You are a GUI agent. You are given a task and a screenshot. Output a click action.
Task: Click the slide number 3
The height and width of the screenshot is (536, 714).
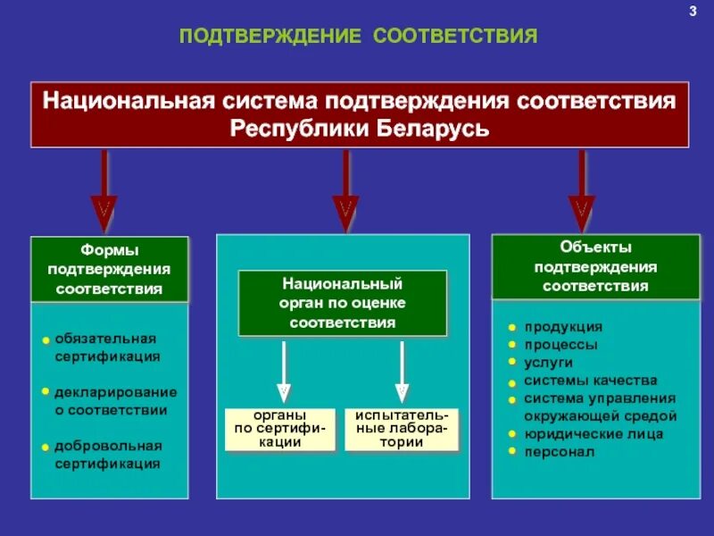(692, 11)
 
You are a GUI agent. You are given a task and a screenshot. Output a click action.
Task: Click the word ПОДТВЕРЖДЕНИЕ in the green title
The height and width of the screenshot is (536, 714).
(270, 37)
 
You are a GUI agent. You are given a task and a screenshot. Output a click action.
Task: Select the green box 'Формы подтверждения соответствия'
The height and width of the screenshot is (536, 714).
(110, 269)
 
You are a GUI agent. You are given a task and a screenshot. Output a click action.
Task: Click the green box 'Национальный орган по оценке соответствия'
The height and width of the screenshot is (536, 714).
(342, 303)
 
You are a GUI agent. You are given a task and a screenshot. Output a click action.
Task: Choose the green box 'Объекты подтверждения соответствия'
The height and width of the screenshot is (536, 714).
(595, 266)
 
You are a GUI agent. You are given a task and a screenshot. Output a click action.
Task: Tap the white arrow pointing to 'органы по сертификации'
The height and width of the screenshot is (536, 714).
(283, 370)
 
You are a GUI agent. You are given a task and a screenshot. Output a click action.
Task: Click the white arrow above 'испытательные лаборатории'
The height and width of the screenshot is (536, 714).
(402, 370)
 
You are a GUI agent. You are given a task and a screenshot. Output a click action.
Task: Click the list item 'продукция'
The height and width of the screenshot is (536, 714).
(562, 327)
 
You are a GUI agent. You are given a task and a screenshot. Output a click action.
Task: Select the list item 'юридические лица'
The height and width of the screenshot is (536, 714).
(593, 434)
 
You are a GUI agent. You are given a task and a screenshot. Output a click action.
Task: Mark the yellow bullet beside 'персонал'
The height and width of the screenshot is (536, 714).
(512, 451)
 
